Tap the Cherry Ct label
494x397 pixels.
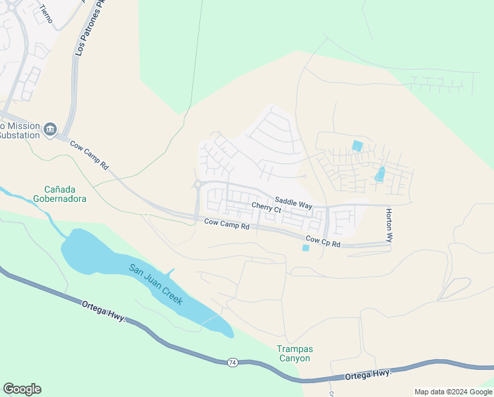[x=266, y=207]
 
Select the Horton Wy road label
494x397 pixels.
[x=389, y=225]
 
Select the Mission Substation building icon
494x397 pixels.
[x=51, y=128]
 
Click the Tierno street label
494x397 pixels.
[x=45, y=13]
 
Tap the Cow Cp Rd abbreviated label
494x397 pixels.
[x=322, y=242]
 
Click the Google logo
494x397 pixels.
[x=22, y=389]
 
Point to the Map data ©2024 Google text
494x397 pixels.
[x=452, y=392]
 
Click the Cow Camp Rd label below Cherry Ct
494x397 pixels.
[x=226, y=225]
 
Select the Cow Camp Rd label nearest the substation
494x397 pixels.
[x=89, y=154]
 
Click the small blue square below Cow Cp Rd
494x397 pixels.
[x=304, y=248]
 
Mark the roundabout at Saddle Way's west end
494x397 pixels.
[x=197, y=185]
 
